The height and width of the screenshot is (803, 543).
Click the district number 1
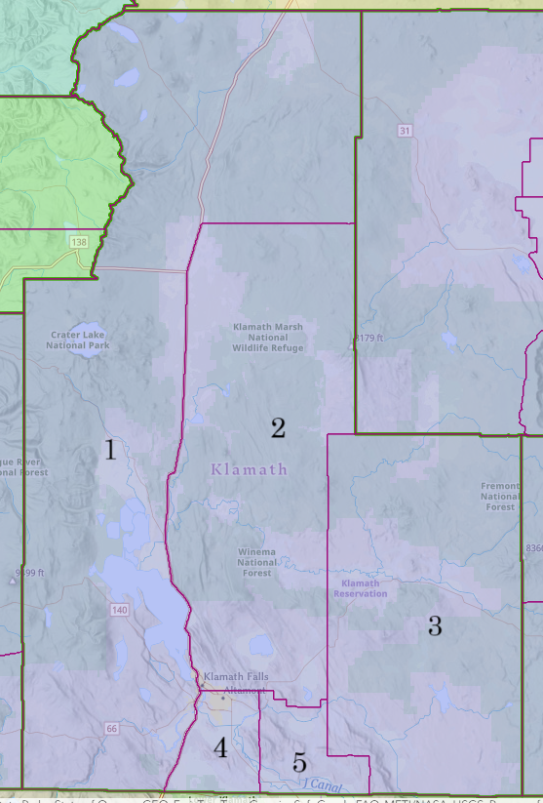pos(110,450)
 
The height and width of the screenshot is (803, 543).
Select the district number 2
pos(278,427)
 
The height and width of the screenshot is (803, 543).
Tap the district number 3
pos(435,626)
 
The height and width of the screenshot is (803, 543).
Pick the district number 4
pos(220,748)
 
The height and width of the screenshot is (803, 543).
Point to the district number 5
pos(299,763)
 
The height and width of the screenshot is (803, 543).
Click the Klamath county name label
pos(250,469)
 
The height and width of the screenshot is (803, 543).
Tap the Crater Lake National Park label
pos(80,340)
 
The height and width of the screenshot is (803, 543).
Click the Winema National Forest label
pos(256,562)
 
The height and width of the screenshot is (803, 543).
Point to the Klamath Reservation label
pos(361,588)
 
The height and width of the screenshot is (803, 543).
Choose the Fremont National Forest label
pos(500,497)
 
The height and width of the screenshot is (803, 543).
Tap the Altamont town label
pos(245,690)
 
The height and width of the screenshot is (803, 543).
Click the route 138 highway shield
pos(78,240)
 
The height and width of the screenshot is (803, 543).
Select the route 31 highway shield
pos(404,131)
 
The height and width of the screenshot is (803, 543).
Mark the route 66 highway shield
pos(111,729)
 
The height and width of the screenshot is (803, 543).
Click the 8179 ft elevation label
pos(369,339)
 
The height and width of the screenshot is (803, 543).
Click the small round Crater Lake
pos(82,353)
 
